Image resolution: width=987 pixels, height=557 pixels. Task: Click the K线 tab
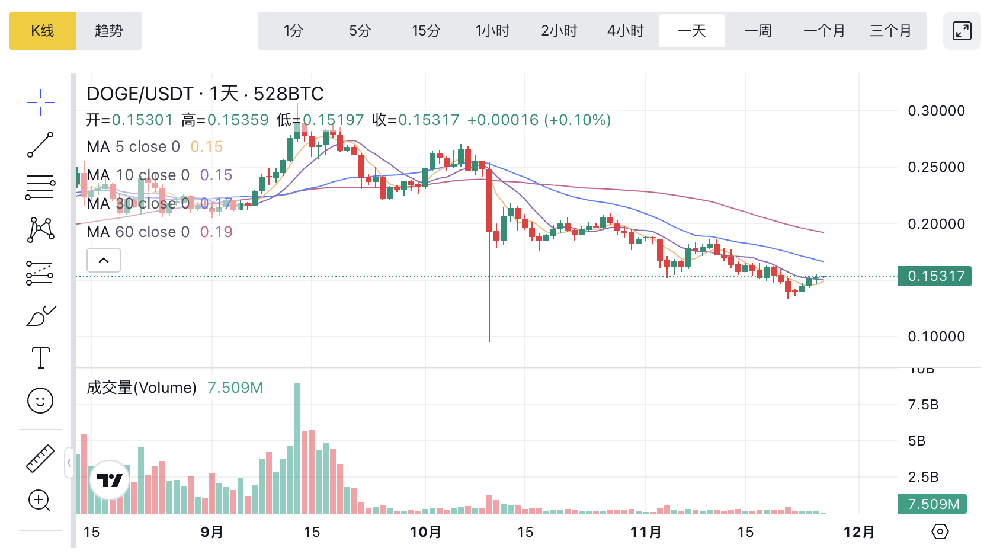pyautogui.click(x=43, y=31)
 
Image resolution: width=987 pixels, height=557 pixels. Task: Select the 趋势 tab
pyautogui.click(x=109, y=31)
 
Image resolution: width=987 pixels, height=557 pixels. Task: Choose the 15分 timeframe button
pyautogui.click(x=426, y=31)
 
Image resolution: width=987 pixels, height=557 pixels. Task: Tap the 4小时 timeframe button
pyautogui.click(x=625, y=31)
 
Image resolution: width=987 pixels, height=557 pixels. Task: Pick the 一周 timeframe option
pyautogui.click(x=758, y=31)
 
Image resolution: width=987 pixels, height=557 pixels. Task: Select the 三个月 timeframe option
pyautogui.click(x=890, y=31)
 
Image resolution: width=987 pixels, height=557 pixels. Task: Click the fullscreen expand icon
pyautogui.click(x=962, y=31)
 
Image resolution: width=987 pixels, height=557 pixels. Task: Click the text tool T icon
pyautogui.click(x=40, y=358)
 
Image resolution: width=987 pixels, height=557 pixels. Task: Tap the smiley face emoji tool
pyautogui.click(x=40, y=401)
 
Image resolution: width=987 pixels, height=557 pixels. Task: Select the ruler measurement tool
pyautogui.click(x=40, y=459)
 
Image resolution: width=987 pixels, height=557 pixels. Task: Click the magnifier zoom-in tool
pyautogui.click(x=40, y=501)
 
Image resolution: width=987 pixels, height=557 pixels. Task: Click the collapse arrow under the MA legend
pyautogui.click(x=104, y=260)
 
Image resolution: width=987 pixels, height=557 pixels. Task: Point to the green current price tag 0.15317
pyautogui.click(x=934, y=276)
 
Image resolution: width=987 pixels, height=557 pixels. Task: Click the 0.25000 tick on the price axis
pyautogui.click(x=936, y=167)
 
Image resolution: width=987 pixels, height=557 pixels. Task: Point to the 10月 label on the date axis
pyautogui.click(x=425, y=532)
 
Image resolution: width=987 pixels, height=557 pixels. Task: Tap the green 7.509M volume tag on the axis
pyautogui.click(x=932, y=504)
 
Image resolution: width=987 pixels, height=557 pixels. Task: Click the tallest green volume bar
pyautogui.click(x=297, y=448)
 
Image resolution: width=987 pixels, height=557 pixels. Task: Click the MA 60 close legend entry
pyautogui.click(x=159, y=232)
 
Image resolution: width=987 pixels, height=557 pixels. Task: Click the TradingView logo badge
pyautogui.click(x=110, y=480)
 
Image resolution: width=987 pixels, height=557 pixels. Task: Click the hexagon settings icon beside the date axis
pyautogui.click(x=940, y=532)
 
